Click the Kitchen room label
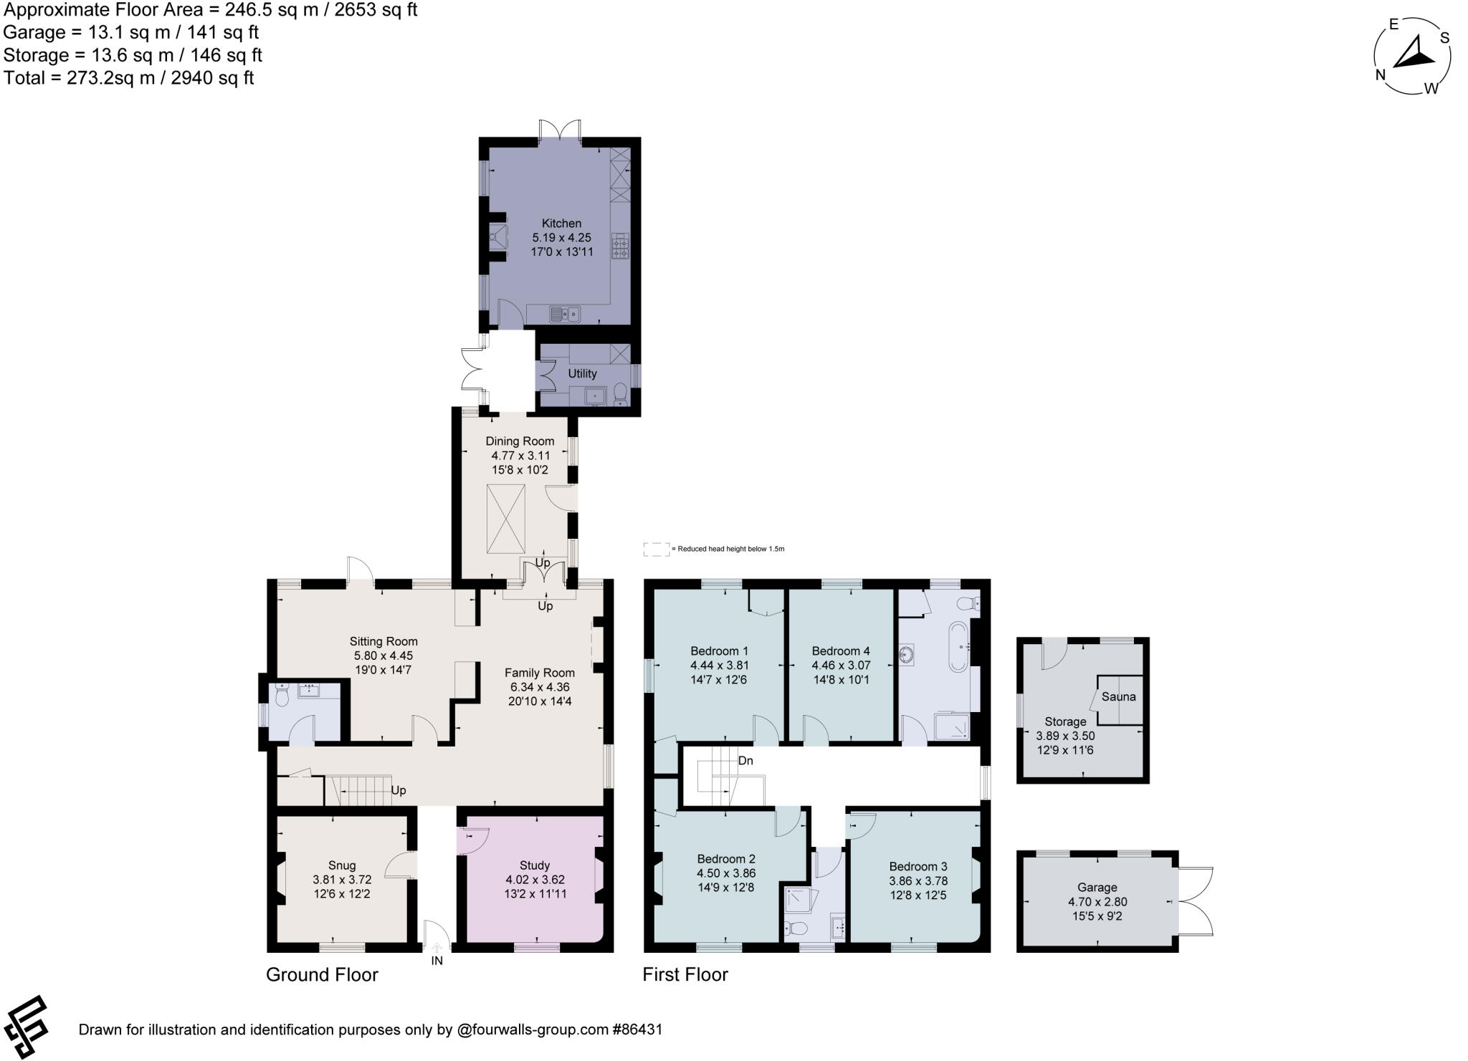point(561,224)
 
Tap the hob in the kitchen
point(620,246)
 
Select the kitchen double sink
point(565,314)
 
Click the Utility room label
point(582,373)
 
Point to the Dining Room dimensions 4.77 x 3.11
point(520,456)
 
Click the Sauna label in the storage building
point(1118,696)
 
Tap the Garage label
point(1097,887)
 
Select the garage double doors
point(1194,901)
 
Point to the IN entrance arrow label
point(437,961)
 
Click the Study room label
point(535,865)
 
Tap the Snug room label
point(342,865)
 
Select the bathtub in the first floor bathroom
point(958,646)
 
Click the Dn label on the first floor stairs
point(745,761)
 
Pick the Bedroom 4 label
point(841,651)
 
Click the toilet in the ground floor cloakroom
point(282,693)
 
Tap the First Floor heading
point(685,974)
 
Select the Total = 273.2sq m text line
point(129,77)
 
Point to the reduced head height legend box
point(656,549)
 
